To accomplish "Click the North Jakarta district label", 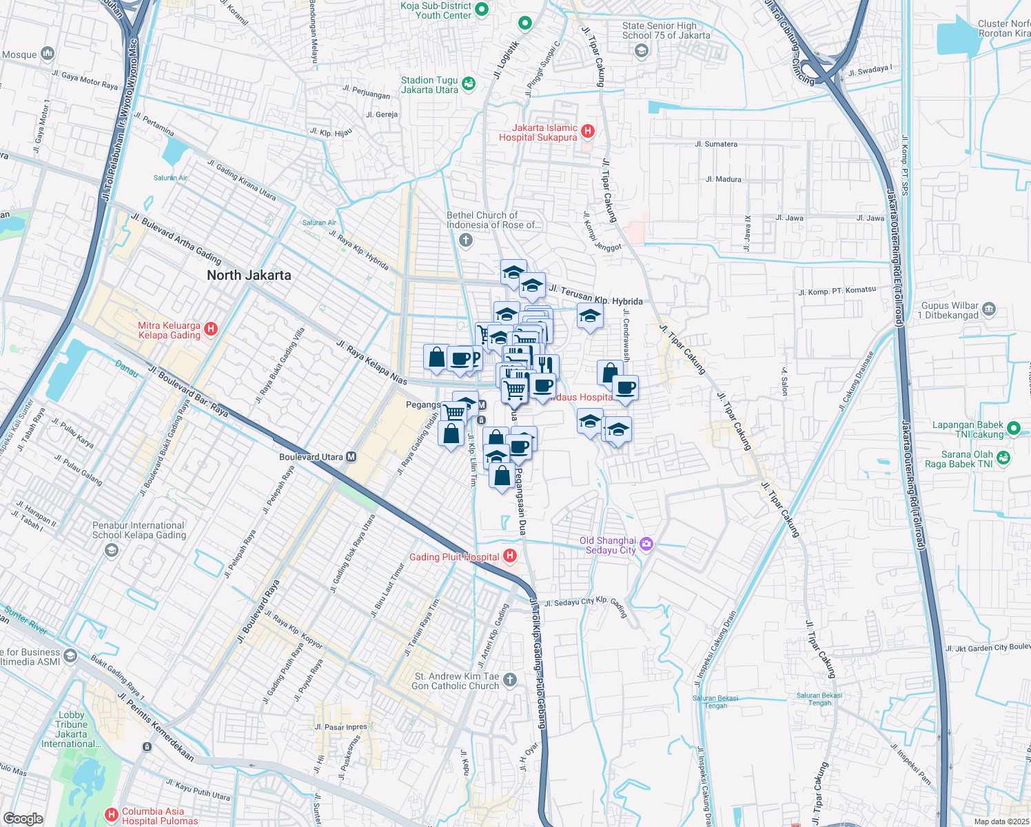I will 249,275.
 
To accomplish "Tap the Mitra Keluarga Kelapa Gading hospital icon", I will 212,329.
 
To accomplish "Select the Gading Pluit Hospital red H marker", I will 510,555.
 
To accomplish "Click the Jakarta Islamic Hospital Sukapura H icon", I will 588,131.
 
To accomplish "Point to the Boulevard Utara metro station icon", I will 351,457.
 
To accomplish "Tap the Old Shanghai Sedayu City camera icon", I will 646,544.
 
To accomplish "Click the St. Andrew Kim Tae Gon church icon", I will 510,680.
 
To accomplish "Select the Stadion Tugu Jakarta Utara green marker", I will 469,84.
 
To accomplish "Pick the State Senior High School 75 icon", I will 642,50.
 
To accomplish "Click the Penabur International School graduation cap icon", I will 112,550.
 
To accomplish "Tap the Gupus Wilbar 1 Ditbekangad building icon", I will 989,309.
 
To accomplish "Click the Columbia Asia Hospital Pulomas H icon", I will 112,815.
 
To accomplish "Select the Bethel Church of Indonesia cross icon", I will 466,240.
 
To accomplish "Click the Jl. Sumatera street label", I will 716,144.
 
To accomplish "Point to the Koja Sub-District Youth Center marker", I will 482,9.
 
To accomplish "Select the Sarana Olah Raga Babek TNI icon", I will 1003,458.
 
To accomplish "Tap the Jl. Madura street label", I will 724,179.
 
